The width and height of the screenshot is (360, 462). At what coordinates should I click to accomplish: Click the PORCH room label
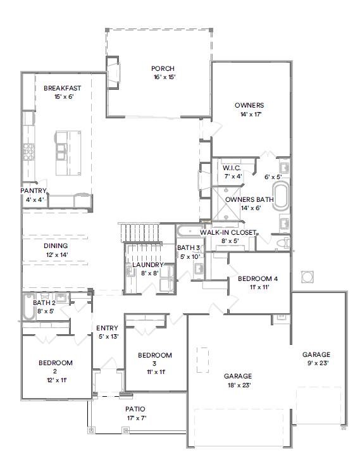[x=163, y=68]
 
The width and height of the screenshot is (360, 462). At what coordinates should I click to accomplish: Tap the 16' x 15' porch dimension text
[x=163, y=77]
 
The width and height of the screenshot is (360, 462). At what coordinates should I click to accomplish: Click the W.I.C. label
[x=232, y=168]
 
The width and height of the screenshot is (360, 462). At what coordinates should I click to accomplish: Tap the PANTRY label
[x=34, y=190]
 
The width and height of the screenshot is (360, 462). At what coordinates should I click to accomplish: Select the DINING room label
[x=56, y=246]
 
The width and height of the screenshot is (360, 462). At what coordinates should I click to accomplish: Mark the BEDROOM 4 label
[x=258, y=278]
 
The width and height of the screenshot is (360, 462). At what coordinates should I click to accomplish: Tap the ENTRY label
[x=107, y=328]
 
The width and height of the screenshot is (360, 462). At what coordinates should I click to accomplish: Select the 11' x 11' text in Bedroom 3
[x=155, y=372]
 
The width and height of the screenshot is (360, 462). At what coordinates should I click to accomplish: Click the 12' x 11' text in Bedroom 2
[x=56, y=380]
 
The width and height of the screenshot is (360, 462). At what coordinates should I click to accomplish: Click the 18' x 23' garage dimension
[x=238, y=385]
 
